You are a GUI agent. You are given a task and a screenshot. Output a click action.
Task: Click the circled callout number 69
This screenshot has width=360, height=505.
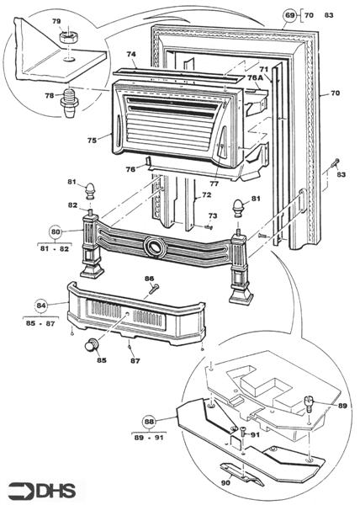(x=290, y=15)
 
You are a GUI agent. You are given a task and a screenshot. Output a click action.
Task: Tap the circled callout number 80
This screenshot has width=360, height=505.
(x=55, y=232)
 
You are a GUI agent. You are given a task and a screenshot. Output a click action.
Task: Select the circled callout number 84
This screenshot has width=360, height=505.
(x=41, y=305)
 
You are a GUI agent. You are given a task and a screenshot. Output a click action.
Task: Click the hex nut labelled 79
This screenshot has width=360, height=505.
(x=67, y=38)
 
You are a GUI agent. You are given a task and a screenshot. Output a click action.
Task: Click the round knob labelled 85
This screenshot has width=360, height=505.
(x=92, y=345)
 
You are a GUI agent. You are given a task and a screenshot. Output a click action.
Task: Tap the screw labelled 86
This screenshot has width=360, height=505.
(x=153, y=290)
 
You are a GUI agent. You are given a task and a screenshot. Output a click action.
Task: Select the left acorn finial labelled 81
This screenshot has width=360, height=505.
(x=90, y=191)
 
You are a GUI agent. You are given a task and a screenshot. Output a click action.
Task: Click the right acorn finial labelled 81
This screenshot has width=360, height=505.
(x=239, y=208)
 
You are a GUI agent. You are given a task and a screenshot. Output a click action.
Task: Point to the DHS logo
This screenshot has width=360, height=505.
(x=42, y=491)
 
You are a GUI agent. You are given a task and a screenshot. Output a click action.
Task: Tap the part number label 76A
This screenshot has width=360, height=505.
(x=255, y=78)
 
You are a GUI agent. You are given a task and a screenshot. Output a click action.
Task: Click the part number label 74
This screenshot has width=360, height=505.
(x=131, y=54)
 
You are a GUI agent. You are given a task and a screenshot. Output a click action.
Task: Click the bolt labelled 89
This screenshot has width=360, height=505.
(x=309, y=404)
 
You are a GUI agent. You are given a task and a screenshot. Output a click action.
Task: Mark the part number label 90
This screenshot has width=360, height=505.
(x=226, y=483)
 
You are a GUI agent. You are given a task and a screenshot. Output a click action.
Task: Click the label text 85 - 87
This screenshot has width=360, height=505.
(x=40, y=323)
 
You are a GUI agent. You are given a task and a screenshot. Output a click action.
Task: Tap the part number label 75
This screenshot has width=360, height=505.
(x=92, y=141)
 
